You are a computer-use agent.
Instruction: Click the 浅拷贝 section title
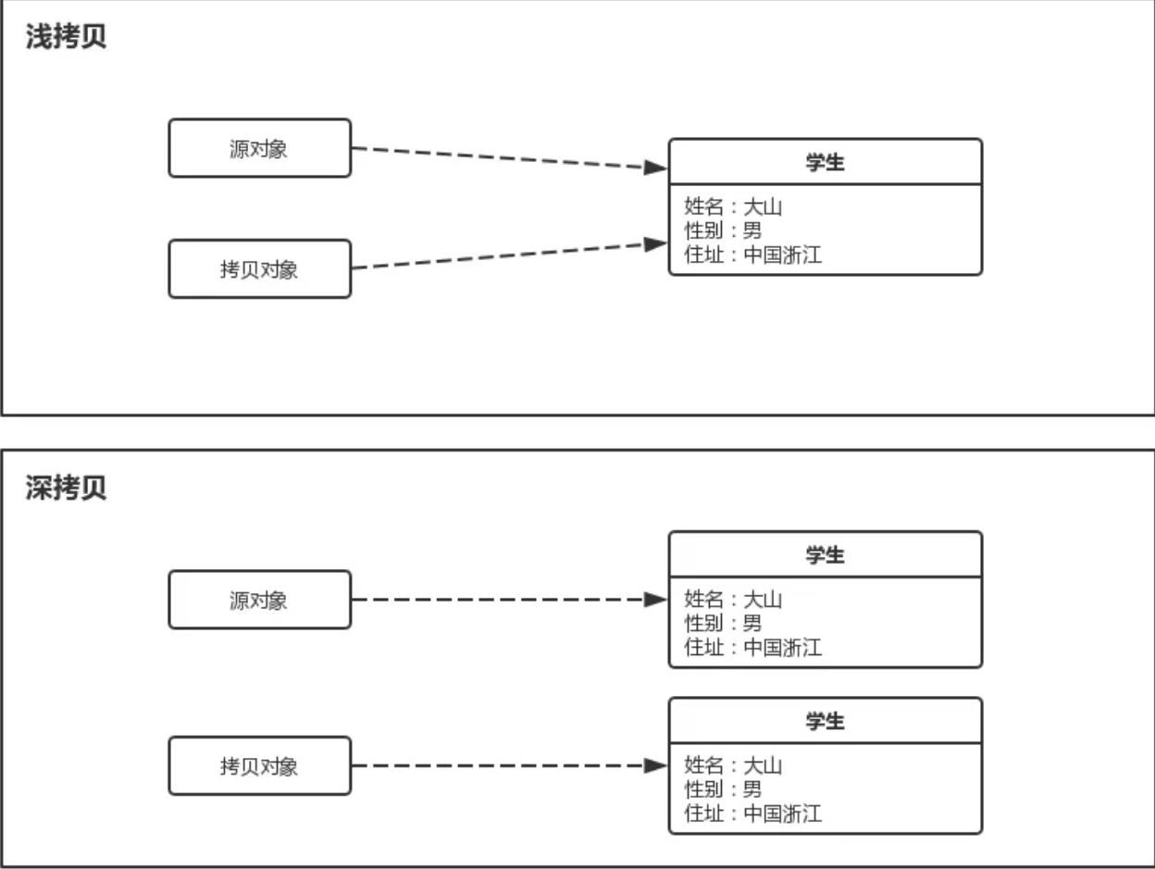click(x=66, y=39)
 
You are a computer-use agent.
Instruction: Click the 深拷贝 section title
click(x=66, y=489)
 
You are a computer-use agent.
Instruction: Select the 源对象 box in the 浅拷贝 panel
click(x=259, y=148)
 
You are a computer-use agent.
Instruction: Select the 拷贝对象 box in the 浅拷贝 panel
click(x=259, y=269)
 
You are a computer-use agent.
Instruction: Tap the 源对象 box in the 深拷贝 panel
click(x=259, y=600)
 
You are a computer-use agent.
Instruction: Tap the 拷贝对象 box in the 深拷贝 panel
click(x=259, y=766)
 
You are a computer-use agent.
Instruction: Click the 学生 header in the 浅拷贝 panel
click(x=825, y=163)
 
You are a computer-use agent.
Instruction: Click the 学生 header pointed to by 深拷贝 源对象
click(x=825, y=555)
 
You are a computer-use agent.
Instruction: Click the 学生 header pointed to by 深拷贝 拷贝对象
click(x=825, y=721)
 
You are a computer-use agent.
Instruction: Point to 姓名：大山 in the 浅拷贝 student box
click(x=733, y=206)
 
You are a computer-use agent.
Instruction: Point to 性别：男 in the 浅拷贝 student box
click(x=723, y=230)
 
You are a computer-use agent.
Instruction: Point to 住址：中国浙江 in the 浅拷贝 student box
click(x=752, y=254)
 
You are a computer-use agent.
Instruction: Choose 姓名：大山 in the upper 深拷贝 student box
click(x=733, y=599)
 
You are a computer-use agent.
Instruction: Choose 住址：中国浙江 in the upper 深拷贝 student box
click(x=752, y=647)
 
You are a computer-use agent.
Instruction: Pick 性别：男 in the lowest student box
click(x=723, y=789)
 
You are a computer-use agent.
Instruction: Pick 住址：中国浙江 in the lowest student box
click(x=752, y=813)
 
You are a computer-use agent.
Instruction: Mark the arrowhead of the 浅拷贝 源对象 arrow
click(x=656, y=168)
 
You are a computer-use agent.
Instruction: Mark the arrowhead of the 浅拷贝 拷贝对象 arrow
click(x=656, y=244)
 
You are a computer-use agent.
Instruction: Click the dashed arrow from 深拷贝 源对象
click(x=500, y=600)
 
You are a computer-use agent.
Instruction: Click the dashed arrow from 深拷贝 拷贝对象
click(x=500, y=766)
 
